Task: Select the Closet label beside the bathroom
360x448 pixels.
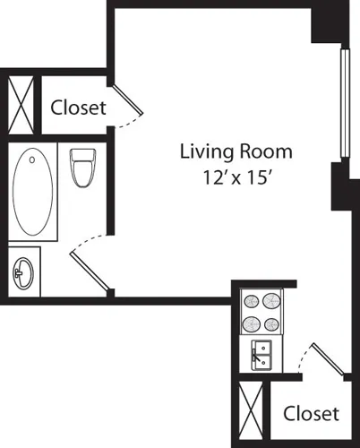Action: point(78,108)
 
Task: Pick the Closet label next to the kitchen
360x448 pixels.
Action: point(311,413)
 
